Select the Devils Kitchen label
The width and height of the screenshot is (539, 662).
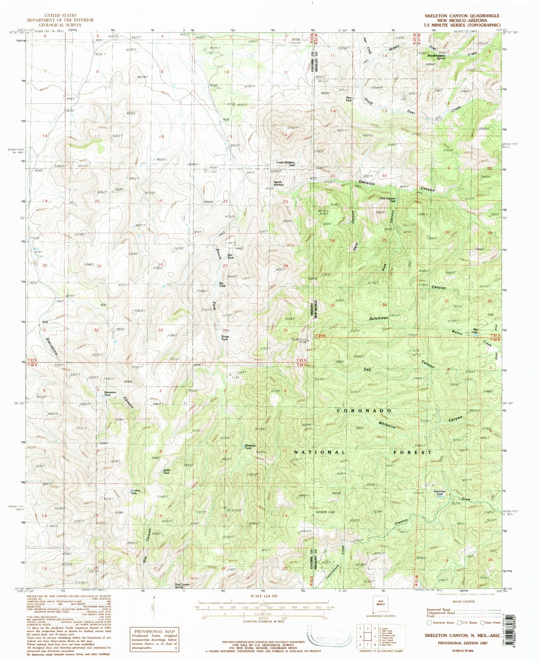point(279,183)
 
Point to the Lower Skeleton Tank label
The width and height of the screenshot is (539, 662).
point(286,163)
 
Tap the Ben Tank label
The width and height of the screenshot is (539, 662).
point(230,256)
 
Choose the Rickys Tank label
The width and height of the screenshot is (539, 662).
point(225,338)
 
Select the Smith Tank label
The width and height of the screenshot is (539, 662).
point(167,471)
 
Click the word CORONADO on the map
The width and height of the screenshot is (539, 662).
point(364,410)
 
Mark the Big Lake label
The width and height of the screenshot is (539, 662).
point(474,330)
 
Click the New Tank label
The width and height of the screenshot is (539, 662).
point(349,99)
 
